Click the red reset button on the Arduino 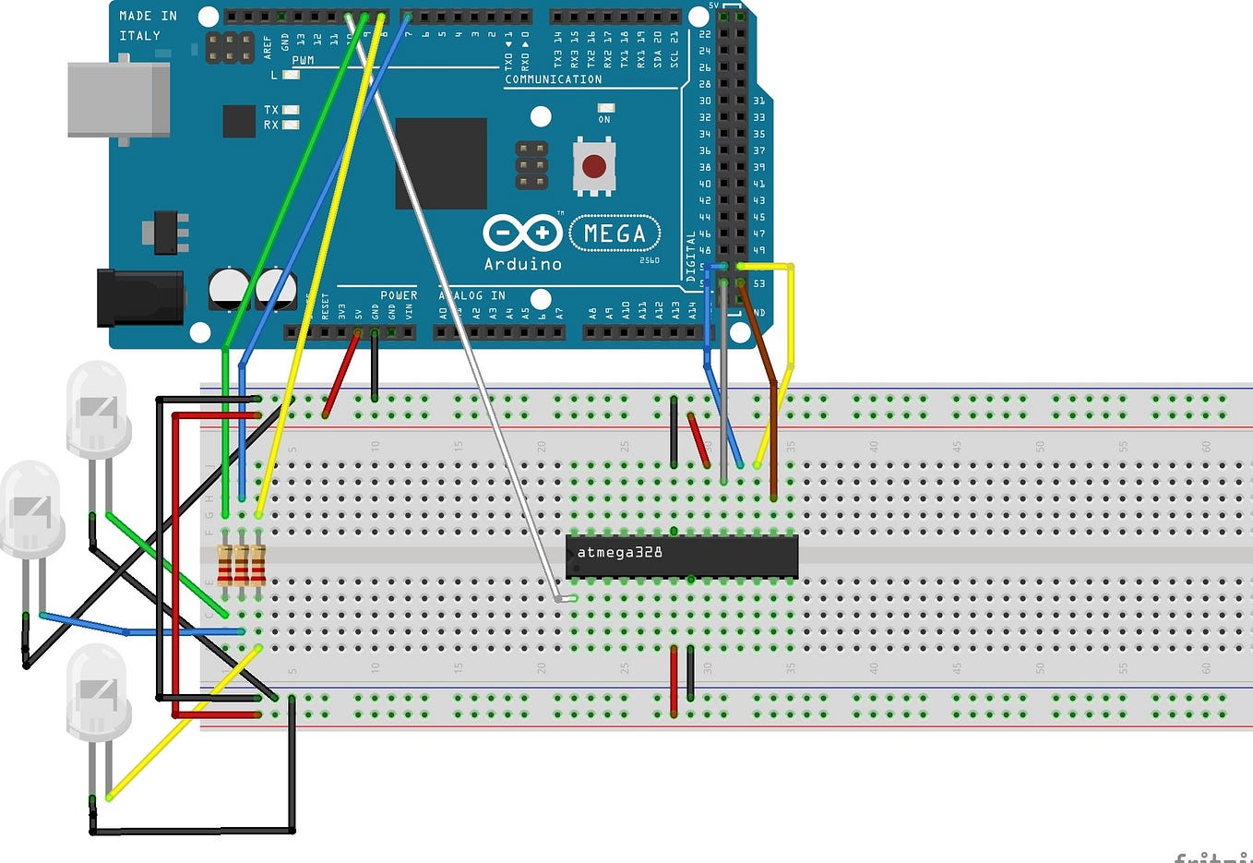pyautogui.click(x=594, y=166)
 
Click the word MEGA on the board pyautogui.click(x=615, y=234)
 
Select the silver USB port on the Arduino pyautogui.click(x=118, y=100)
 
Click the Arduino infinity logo pyautogui.click(x=522, y=234)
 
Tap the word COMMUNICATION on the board pyautogui.click(x=553, y=79)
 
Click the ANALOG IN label pyautogui.click(x=472, y=295)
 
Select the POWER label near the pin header pyautogui.click(x=399, y=295)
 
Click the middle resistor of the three pyautogui.click(x=242, y=565)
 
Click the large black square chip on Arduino pyautogui.click(x=441, y=163)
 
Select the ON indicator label pyautogui.click(x=604, y=119)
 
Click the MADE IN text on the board pyautogui.click(x=148, y=16)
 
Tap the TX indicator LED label pyautogui.click(x=270, y=110)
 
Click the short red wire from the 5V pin pyautogui.click(x=340, y=374)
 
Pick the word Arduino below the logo pyautogui.click(x=522, y=264)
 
